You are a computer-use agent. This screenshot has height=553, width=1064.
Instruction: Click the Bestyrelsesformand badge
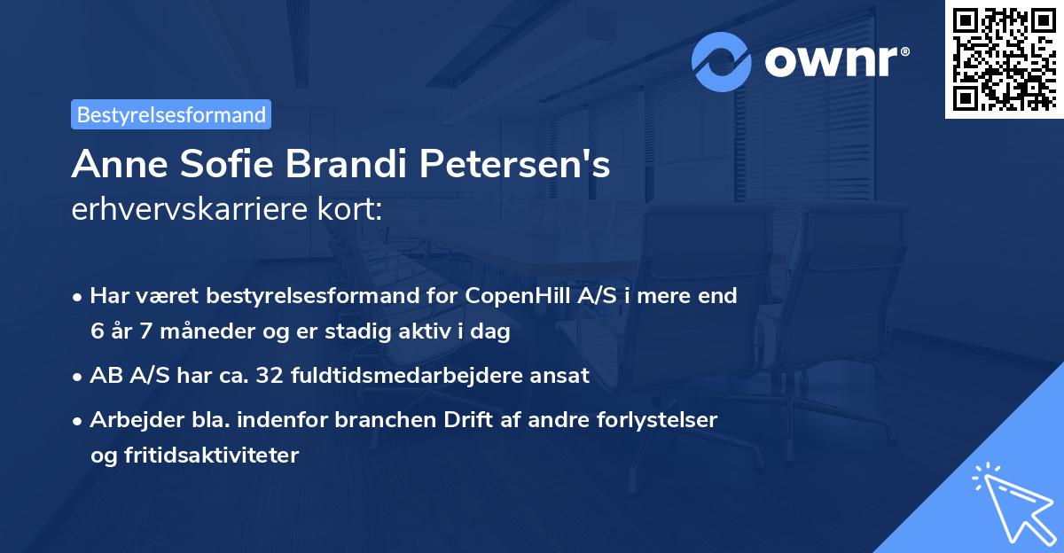click(x=171, y=114)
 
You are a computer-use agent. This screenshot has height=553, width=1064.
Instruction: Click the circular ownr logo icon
click(x=723, y=61)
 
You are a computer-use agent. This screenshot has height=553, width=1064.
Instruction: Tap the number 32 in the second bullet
click(x=268, y=376)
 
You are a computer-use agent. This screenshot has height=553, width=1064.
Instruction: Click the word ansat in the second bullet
click(x=558, y=376)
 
